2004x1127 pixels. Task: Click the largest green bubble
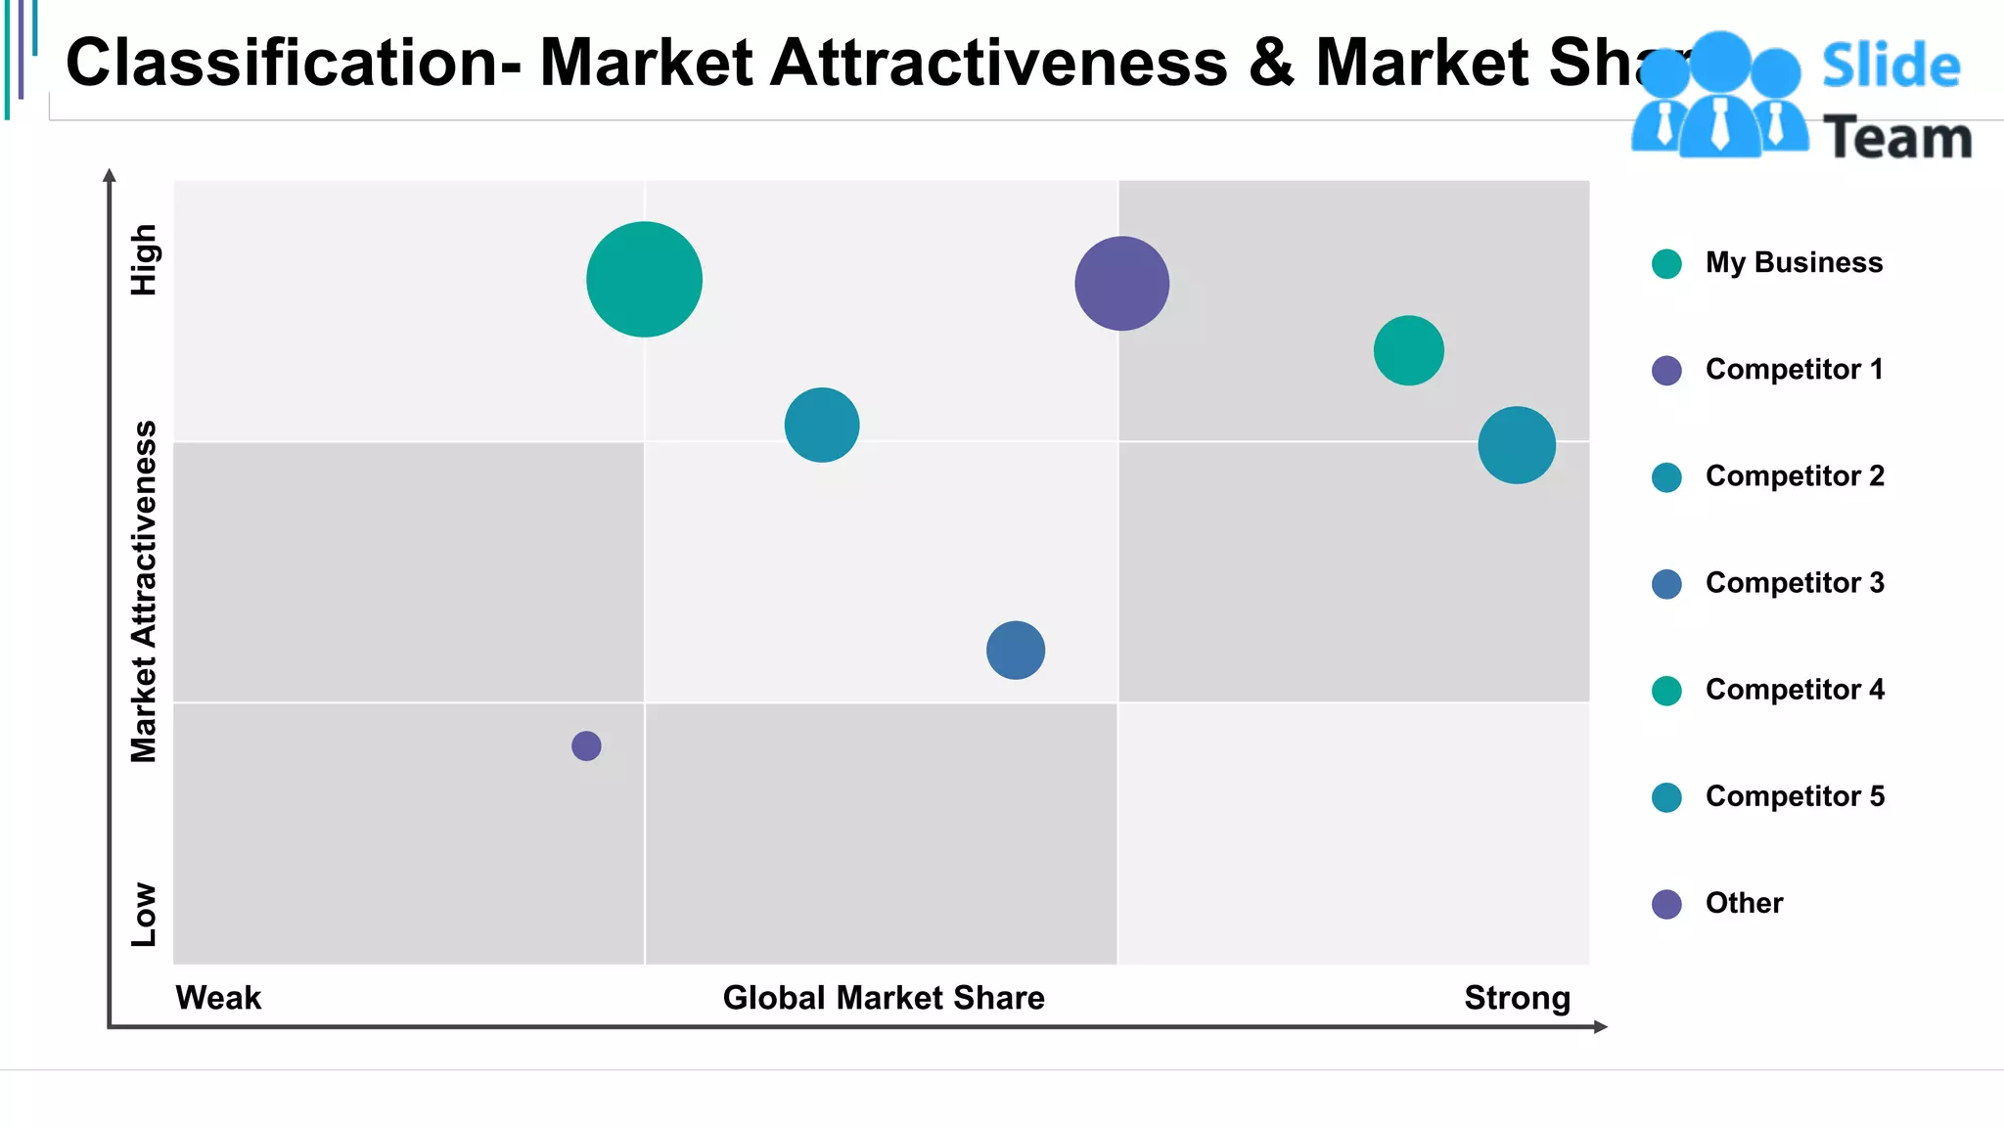pos(644,280)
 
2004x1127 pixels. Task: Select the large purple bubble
pos(1121,284)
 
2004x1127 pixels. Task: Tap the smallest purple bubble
pos(586,745)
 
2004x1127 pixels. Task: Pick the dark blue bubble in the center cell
pos(1016,651)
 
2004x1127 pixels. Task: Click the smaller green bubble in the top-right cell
pos(1408,350)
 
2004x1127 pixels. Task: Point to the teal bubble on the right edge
pos(1517,445)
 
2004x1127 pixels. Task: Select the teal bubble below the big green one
pos(822,425)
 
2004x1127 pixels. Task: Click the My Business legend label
pos(1793,262)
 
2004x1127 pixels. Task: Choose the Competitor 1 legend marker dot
pos(1666,370)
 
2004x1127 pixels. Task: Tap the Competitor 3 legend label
pos(1794,583)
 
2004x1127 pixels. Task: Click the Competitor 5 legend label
pos(1794,796)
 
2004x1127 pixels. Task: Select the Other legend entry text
pos(1744,903)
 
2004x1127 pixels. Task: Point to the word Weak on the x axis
pos(218,998)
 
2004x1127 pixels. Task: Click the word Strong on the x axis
pos(1517,998)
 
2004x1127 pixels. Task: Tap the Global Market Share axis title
pos(884,998)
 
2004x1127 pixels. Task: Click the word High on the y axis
pos(144,259)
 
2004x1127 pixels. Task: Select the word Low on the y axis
pos(144,914)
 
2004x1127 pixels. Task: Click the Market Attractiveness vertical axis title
pos(144,592)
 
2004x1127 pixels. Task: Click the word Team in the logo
pos(1897,138)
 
